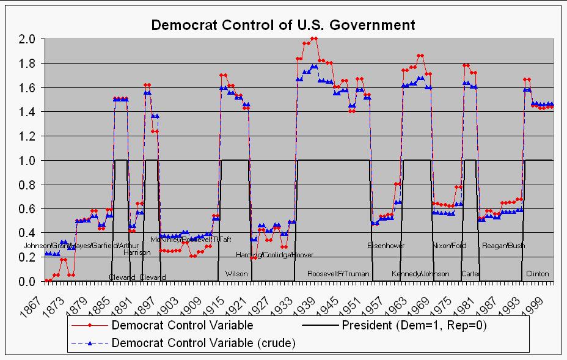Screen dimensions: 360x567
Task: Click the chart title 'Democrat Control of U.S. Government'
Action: pos(283,25)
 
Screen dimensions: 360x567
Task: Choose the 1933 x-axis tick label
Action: pos(290,296)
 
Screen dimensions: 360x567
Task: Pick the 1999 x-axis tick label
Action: pos(541,296)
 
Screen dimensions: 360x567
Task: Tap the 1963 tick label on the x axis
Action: pos(404,296)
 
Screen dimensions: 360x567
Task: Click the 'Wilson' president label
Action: pos(236,274)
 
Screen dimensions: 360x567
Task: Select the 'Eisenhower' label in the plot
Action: pos(386,246)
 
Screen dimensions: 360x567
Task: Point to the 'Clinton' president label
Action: pos(538,274)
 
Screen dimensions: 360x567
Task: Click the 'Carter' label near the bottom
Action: pos(470,274)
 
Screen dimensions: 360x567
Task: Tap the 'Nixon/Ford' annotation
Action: pos(449,246)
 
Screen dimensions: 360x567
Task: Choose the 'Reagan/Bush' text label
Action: pos(503,246)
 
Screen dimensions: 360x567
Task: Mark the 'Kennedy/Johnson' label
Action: pos(420,274)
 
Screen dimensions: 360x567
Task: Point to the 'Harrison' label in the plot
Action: pos(137,252)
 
